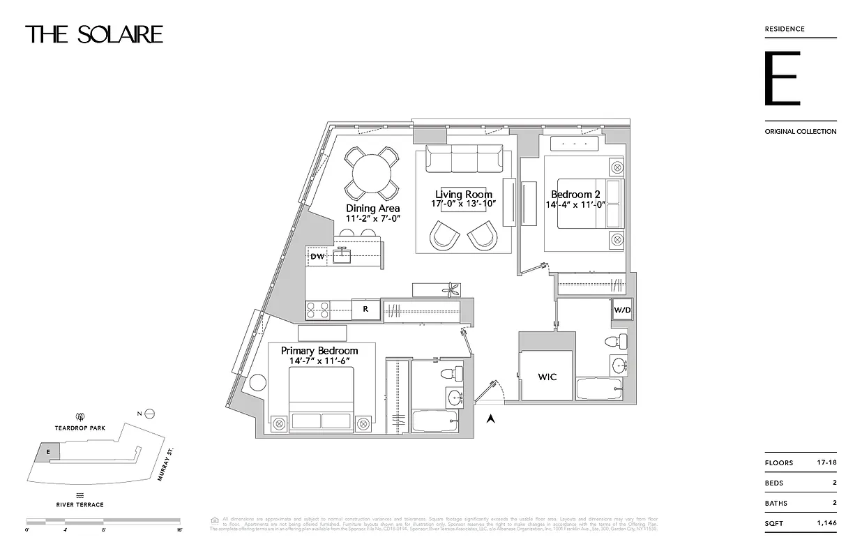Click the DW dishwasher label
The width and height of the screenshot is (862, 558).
click(318, 257)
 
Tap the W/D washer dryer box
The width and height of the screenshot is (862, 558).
click(622, 310)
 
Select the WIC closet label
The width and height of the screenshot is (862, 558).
click(547, 377)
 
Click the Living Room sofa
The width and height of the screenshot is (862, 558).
click(464, 159)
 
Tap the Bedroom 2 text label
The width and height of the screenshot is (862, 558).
click(575, 195)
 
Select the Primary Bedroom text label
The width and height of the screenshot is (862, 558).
click(319, 350)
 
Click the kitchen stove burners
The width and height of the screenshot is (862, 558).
click(317, 309)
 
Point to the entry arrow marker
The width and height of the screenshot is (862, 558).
click(490, 418)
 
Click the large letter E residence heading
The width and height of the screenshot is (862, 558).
click(782, 78)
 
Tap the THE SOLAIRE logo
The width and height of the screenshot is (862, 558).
click(94, 34)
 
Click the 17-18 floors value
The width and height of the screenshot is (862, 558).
click(825, 462)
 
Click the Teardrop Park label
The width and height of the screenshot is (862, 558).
click(80, 428)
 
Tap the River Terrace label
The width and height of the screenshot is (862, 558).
click(80, 504)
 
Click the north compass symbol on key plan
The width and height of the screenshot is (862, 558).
click(148, 414)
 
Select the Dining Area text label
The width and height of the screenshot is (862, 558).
click(372, 208)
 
